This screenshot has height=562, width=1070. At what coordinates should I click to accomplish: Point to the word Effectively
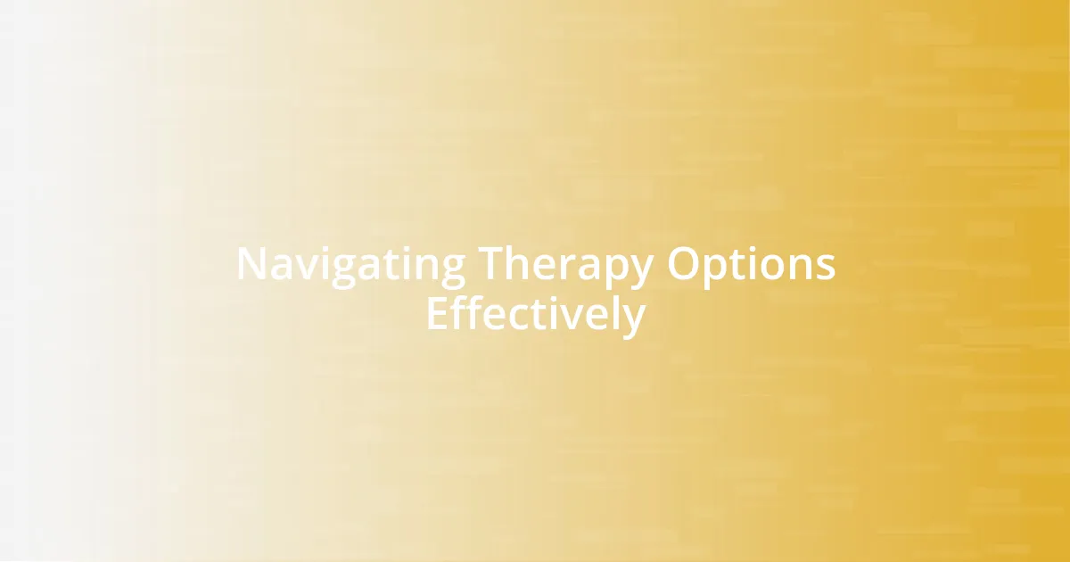click(535, 314)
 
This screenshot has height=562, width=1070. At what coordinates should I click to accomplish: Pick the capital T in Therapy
click(494, 264)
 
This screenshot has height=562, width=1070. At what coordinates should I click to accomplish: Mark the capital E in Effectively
click(436, 314)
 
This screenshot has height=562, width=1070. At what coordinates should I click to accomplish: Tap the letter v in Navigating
click(301, 266)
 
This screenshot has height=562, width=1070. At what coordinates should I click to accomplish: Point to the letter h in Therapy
click(523, 264)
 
